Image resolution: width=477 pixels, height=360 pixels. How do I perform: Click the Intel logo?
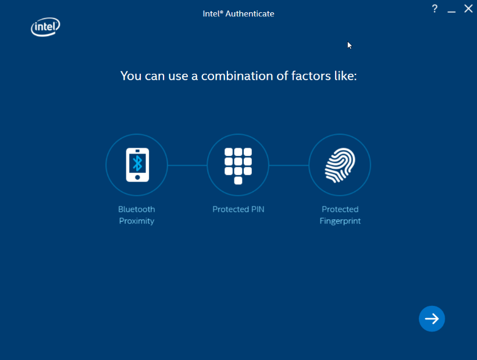click(x=45, y=27)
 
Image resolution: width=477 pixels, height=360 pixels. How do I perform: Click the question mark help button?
click(x=435, y=9)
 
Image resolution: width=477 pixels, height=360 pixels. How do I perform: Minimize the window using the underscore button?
click(x=451, y=12)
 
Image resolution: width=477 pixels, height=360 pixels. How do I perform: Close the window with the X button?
click(x=468, y=9)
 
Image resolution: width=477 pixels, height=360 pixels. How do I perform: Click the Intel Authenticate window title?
click(x=238, y=14)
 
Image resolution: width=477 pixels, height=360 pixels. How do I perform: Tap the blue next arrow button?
click(x=432, y=319)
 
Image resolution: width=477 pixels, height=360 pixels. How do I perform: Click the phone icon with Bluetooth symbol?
click(x=137, y=165)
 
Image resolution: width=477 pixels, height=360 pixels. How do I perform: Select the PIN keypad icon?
click(x=238, y=166)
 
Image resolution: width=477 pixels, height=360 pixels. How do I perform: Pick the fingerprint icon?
click(x=340, y=165)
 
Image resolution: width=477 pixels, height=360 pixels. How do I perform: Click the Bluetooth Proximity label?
click(x=137, y=215)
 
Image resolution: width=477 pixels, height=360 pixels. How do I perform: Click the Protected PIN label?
click(x=238, y=209)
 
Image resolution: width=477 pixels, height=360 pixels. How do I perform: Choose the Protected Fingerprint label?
click(x=340, y=215)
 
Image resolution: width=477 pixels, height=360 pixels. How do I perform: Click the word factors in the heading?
click(x=311, y=76)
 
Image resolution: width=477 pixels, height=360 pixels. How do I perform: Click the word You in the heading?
click(x=131, y=76)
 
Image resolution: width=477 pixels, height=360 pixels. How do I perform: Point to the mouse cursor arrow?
click(x=350, y=45)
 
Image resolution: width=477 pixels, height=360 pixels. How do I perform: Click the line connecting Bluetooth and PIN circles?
click(x=187, y=165)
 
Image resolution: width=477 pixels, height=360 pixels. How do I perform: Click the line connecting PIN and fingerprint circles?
click(x=289, y=165)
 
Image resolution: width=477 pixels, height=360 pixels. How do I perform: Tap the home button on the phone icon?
click(x=137, y=177)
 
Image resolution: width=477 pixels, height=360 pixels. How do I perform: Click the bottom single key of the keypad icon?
click(x=238, y=181)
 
